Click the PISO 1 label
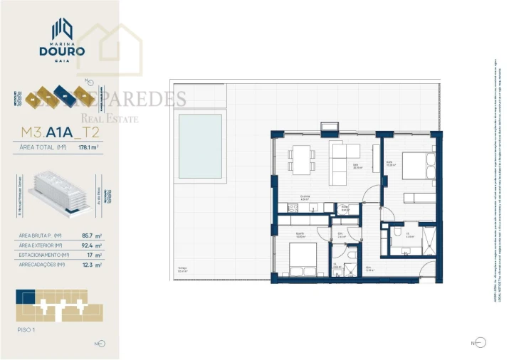point(26,329)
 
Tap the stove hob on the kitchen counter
point(292,208)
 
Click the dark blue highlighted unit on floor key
point(26,295)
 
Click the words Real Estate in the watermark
point(110,119)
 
